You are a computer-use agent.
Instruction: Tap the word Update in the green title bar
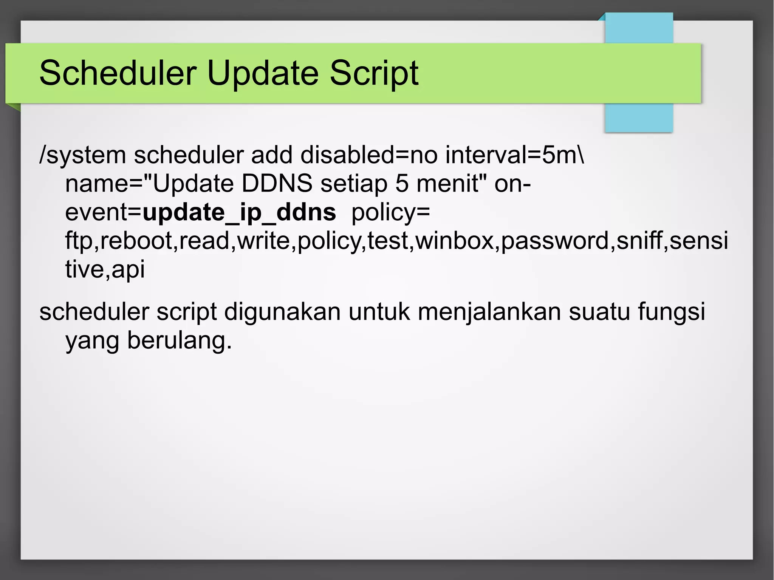tap(263, 73)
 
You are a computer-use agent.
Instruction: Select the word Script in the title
tap(374, 73)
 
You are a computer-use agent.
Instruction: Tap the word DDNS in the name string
tap(277, 184)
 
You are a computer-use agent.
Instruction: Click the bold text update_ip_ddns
tap(239, 212)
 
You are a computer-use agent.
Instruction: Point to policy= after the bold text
tap(391, 212)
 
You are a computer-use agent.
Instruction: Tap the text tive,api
tap(105, 269)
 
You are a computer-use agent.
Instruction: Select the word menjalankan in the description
tap(489, 312)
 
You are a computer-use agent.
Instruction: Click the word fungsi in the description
tap(671, 312)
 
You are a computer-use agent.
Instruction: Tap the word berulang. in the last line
tap(179, 340)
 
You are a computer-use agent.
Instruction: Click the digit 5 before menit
tap(402, 184)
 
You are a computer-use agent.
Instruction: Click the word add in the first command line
tap(272, 155)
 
